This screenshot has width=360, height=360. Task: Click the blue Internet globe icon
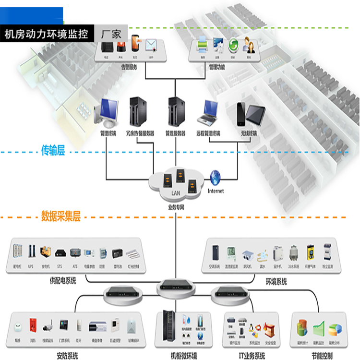coord(216,177)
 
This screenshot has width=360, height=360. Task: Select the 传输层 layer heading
coord(52,151)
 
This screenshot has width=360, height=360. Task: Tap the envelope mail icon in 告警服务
coord(152,46)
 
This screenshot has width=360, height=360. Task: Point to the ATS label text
coord(75,265)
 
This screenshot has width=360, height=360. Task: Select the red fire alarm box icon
coord(33,324)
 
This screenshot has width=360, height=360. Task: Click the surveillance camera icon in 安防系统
coord(48,326)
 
